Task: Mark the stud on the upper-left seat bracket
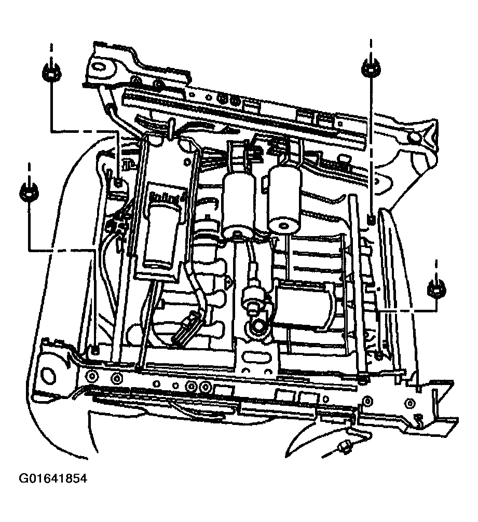point(119,182)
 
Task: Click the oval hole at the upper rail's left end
point(99,66)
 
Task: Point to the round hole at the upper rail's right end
point(415,138)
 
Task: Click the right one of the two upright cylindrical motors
point(284,200)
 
